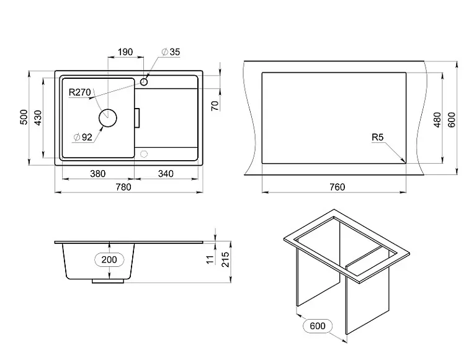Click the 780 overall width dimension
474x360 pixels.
pos(125,187)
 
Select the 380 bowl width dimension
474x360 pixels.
pos(97,174)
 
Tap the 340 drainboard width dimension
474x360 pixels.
pos(166,174)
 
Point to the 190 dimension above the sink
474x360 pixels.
pos(126,52)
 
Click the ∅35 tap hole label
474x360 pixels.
pos(171,52)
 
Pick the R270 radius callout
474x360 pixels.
pos(80,92)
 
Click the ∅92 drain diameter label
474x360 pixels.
pos(83,137)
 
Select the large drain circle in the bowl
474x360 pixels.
pos(108,117)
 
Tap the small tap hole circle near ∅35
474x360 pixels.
pos(144,81)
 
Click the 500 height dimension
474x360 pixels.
pos(24,118)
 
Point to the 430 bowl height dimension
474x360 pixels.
pos(37,118)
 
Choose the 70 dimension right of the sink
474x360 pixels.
pos(215,106)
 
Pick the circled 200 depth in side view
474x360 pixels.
pos(109,259)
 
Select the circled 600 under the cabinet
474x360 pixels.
pos(316,325)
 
